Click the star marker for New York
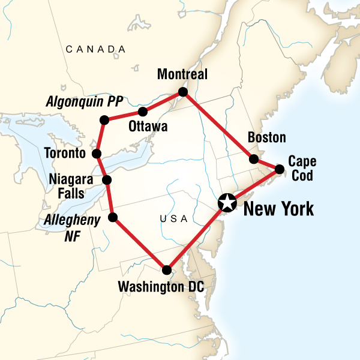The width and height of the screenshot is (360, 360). pyautogui.click(x=227, y=203)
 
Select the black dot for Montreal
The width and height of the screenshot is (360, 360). pyautogui.click(x=183, y=92)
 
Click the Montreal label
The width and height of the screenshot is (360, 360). pyautogui.click(x=182, y=75)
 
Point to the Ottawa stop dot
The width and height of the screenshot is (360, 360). pyautogui.click(x=143, y=112)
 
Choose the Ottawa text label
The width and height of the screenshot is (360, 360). pyautogui.click(x=148, y=127)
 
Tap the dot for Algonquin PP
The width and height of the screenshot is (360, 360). pyautogui.click(x=104, y=121)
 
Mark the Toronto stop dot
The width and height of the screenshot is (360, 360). pyautogui.click(x=97, y=154)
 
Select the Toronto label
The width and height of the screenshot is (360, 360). pyautogui.click(x=65, y=154)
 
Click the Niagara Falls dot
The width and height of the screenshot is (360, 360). pyautogui.click(x=107, y=180)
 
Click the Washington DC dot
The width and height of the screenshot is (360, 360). pyautogui.click(x=167, y=270)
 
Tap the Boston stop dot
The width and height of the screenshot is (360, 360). pyautogui.click(x=254, y=159)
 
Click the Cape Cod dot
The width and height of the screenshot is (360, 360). pyautogui.click(x=280, y=169)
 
